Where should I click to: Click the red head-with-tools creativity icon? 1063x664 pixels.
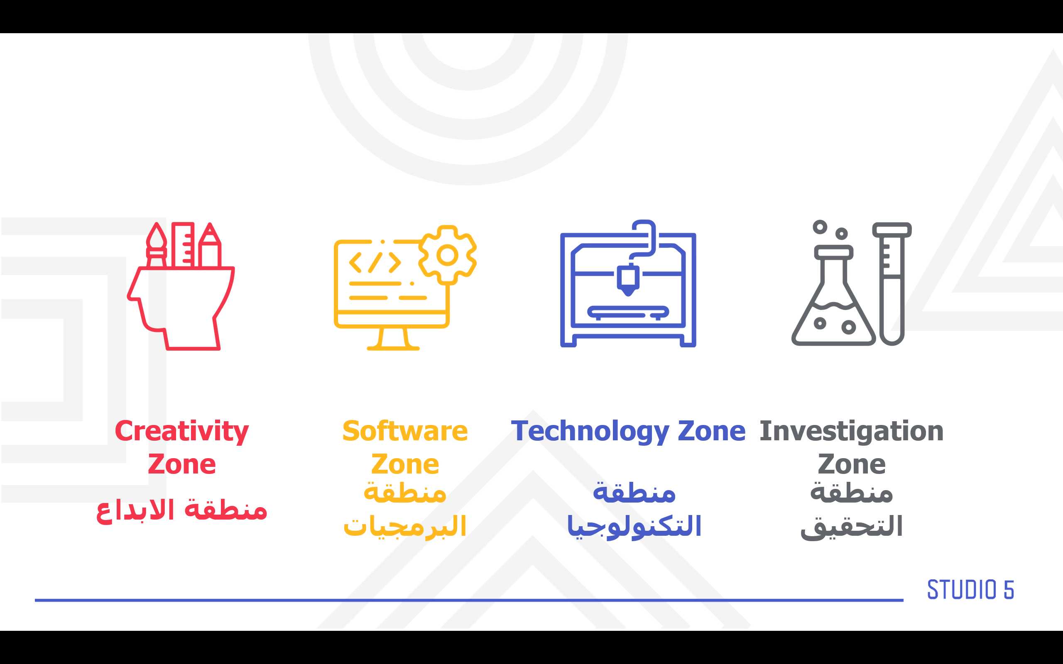tap(181, 286)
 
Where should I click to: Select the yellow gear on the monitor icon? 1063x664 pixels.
tap(447, 255)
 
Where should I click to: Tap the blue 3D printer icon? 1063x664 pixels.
tap(628, 284)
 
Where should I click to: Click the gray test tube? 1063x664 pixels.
tap(892, 284)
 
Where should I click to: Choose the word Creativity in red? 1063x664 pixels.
tap(181, 431)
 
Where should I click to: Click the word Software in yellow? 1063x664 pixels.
tap(404, 431)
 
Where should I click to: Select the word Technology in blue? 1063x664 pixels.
tap(590, 431)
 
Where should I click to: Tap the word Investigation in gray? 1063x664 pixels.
tap(851, 431)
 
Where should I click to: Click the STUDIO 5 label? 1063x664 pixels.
tap(970, 589)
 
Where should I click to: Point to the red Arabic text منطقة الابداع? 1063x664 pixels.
tap(181, 510)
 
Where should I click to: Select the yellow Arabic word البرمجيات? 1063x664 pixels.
tap(404, 526)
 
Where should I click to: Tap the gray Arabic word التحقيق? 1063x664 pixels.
tap(851, 527)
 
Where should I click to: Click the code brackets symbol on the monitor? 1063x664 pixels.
tap(375, 263)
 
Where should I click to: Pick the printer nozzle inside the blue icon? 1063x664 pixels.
tap(628, 280)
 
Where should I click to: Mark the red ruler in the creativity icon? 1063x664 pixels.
tap(183, 244)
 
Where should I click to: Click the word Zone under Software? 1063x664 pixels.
tap(404, 464)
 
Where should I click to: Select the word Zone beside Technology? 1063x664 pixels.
tap(712, 431)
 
